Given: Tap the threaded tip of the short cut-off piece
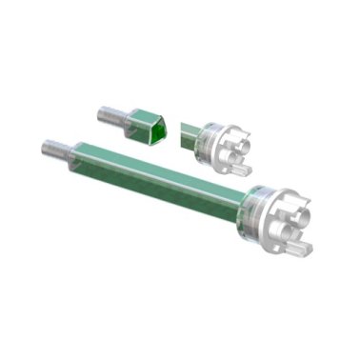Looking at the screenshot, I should [x=107, y=116].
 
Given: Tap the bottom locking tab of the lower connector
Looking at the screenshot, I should [x=297, y=249].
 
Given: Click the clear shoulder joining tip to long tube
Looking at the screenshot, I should [x=74, y=154].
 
